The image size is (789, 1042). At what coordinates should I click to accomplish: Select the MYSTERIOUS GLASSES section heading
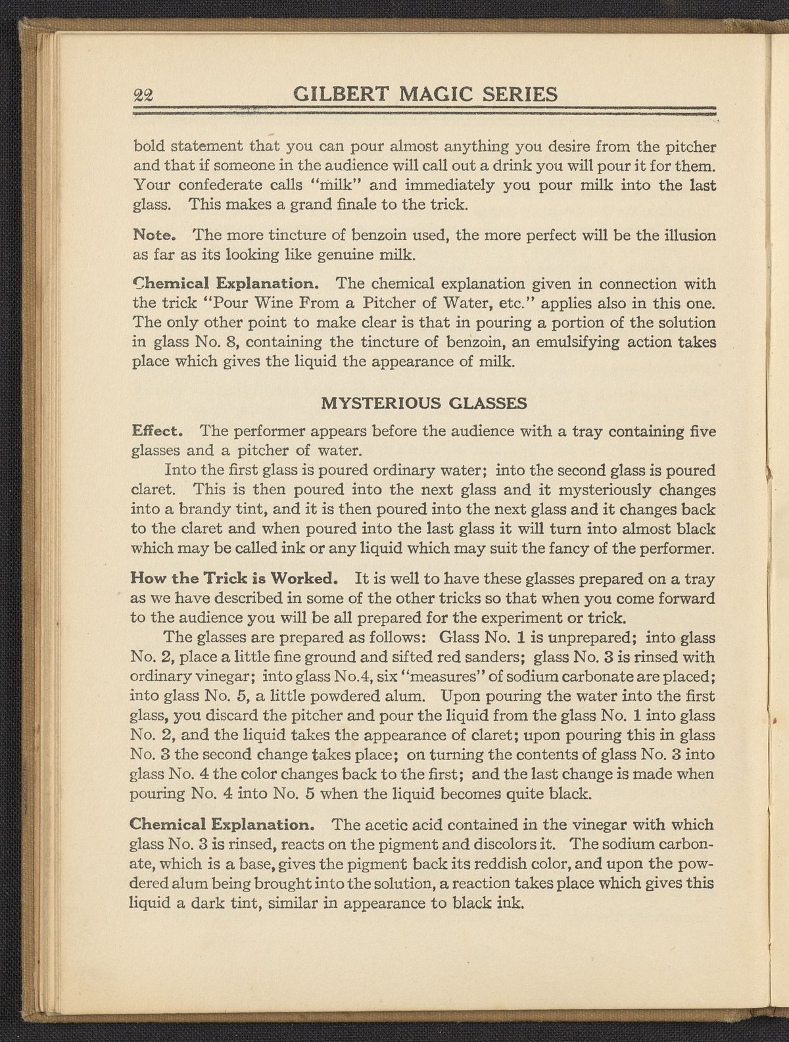423,404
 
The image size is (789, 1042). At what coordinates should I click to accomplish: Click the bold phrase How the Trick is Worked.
235,579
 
